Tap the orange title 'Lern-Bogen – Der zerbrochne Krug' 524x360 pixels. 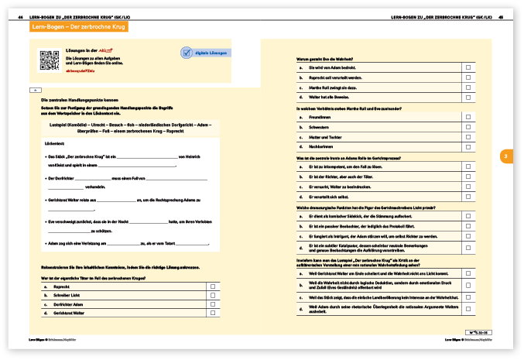79,27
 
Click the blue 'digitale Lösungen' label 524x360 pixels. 212,53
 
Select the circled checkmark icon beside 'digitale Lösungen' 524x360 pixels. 187,53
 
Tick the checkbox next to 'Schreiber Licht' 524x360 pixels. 212,295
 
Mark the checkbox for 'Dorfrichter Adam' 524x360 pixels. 212,304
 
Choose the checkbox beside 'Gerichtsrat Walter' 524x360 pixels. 212,313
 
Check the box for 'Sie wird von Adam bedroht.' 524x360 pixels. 468,68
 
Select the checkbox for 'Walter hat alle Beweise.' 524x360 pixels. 468,97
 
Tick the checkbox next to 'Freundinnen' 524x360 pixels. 468,118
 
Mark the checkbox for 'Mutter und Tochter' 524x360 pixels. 468,136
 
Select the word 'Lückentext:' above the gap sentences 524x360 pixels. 54,144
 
